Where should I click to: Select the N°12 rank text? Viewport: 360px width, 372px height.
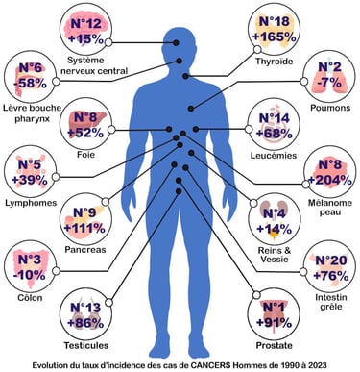coord(87,21)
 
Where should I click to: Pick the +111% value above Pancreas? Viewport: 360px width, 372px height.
coord(88,227)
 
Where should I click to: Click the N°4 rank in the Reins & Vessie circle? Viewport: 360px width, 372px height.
coord(275,212)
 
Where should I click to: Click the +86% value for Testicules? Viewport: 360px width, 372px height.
coord(85,324)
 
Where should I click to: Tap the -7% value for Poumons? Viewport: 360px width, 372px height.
coord(326,85)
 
